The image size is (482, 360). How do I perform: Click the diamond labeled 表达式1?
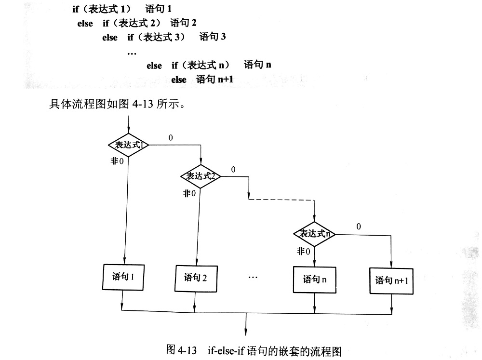129,145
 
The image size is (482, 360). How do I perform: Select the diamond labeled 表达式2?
201,176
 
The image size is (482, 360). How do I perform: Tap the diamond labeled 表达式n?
314,234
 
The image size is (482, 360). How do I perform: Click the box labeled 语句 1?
123,277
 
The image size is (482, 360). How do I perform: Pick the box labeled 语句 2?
196,279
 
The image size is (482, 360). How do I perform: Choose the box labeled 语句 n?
314,280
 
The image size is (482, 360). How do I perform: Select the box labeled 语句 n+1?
391,281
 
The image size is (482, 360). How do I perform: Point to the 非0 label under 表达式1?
117,161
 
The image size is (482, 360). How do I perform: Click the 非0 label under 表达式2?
189,193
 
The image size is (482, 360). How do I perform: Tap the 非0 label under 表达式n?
303,251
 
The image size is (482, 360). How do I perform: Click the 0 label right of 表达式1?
171,138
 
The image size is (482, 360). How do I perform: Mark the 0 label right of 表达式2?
233,169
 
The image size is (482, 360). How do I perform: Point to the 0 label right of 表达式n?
359,227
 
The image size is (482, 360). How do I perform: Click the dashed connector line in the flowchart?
281,200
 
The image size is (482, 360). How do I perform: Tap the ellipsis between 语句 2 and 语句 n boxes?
253,278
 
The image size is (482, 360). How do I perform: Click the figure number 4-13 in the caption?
187,350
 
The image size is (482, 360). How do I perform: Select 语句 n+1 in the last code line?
215,80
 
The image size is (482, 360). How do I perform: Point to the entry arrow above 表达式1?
129,125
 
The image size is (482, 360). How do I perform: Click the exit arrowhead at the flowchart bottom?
246,333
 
